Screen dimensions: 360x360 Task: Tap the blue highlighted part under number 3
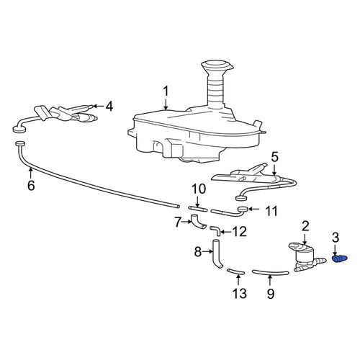339,259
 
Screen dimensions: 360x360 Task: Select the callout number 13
240,293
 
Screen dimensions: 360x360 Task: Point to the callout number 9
271,293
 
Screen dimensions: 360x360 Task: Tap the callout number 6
31,185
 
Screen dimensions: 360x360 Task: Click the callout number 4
109,107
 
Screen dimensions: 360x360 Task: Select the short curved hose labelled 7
197,222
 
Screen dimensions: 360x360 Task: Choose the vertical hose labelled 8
216,254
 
